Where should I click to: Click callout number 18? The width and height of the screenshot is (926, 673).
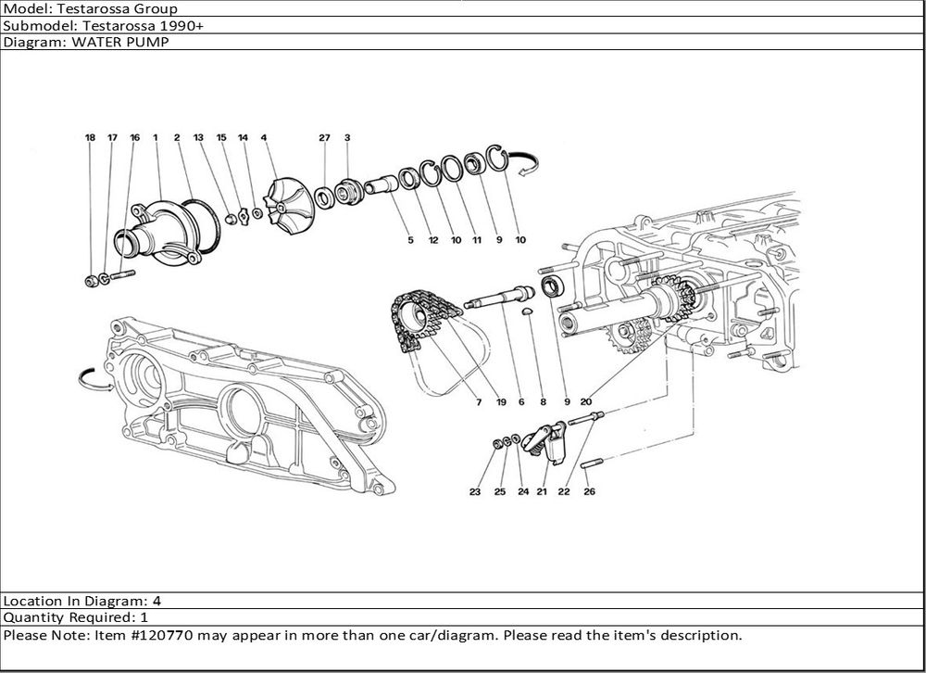coord(90,137)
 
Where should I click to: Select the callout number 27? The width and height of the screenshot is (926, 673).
coord(324,137)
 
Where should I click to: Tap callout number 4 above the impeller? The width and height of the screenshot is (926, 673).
coord(264,137)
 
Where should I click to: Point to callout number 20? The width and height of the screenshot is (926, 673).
coord(585,402)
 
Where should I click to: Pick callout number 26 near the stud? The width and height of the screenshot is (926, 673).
coord(589,492)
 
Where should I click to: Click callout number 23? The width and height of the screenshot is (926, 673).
coord(475,492)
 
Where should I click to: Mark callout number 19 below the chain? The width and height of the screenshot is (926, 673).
coord(500,402)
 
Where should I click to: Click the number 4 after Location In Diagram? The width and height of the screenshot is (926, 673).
coord(156,600)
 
